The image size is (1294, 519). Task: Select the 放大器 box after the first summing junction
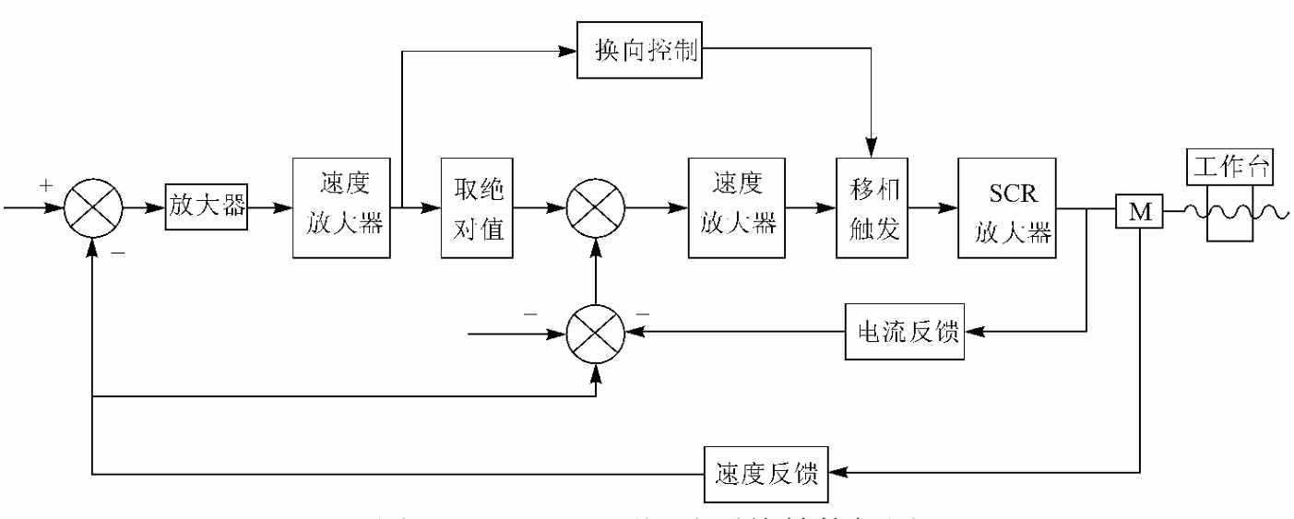coord(208,207)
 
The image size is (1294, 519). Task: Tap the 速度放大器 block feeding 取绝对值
coord(341,208)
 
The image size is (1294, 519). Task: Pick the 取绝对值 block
coord(475,208)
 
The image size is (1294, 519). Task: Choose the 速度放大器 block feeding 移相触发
coord(737,208)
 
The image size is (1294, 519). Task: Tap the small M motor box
coord(1140,210)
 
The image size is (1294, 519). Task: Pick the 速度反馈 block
coord(766,474)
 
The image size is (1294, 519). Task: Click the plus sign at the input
coord(47,186)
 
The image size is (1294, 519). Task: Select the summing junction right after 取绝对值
coord(596,208)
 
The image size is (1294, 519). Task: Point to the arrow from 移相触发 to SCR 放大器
coord(932,208)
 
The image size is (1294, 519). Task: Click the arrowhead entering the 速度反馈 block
coord(837,474)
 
